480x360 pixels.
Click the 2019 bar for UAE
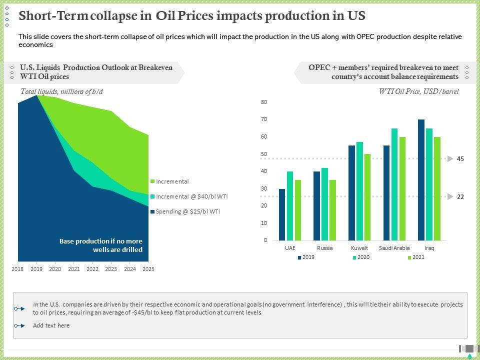[282, 214]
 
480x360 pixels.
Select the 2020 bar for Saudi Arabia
[394, 184]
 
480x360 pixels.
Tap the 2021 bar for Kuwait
[367, 197]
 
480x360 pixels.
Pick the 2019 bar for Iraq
[421, 180]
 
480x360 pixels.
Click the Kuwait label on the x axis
[359, 248]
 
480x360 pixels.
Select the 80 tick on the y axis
[264, 102]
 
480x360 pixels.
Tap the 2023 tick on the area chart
[111, 269]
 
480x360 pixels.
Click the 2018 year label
[18, 269]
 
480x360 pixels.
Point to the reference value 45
[460, 159]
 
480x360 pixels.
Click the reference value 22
[460, 197]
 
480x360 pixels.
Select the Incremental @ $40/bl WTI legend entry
[191, 196]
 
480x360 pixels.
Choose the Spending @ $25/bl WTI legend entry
[188, 211]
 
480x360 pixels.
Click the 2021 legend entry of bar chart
[418, 257]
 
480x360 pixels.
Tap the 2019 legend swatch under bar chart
[299, 257]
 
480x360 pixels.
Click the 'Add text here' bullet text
[51, 325]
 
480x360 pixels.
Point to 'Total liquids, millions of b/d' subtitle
[61, 91]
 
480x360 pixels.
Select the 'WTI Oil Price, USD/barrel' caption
[418, 91]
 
